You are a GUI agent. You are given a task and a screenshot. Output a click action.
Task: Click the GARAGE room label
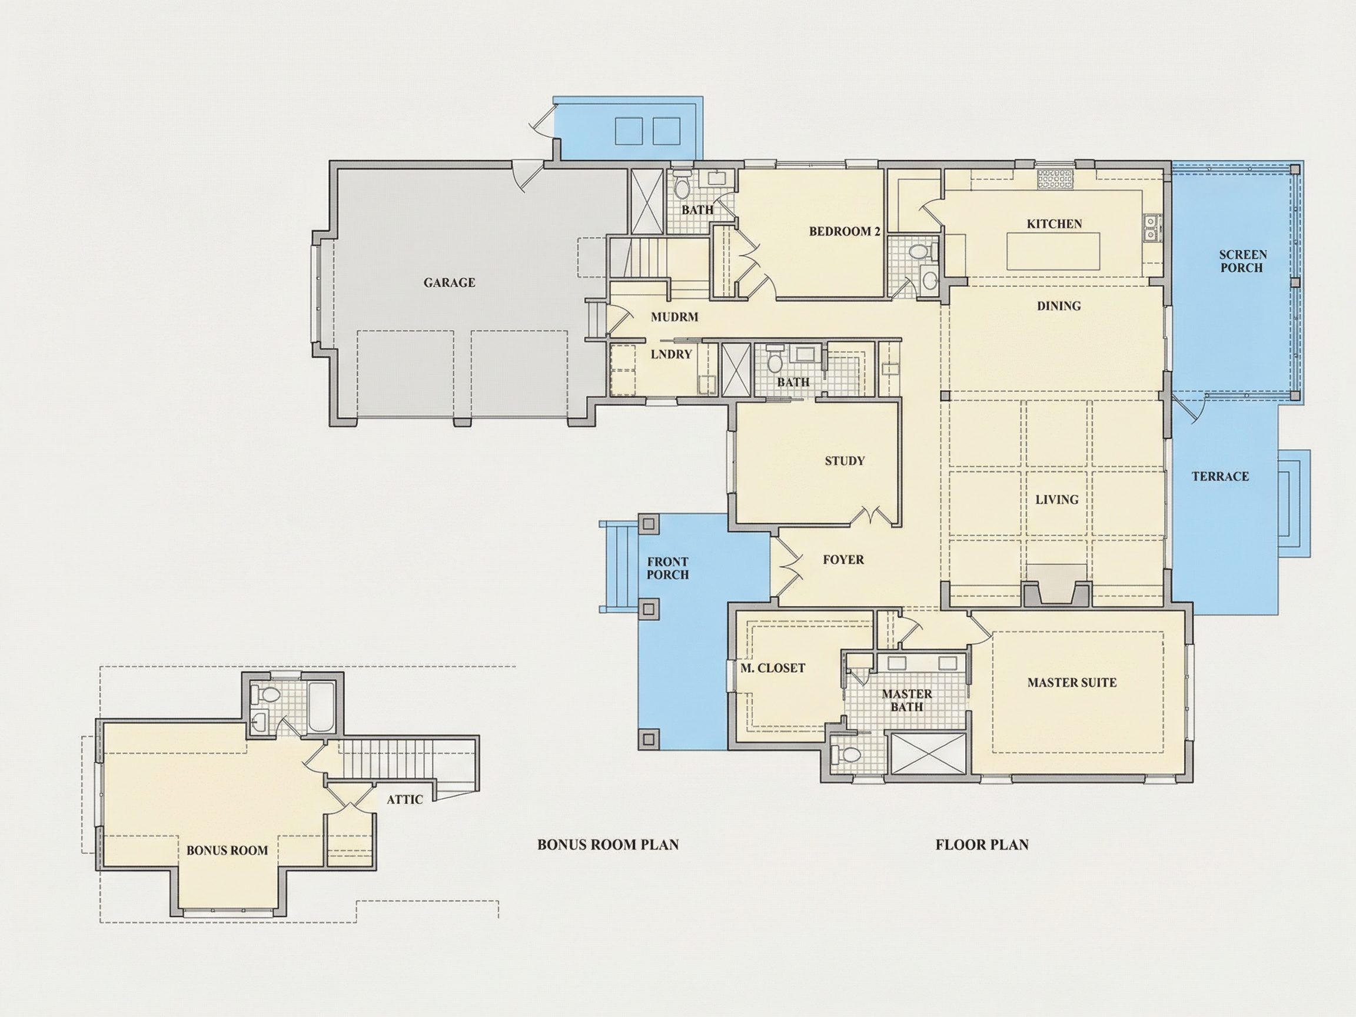(x=449, y=282)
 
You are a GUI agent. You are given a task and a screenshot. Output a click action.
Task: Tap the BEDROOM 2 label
(x=844, y=231)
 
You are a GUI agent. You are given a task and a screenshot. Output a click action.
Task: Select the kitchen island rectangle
(x=1053, y=251)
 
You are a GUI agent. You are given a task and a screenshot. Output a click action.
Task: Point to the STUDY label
(x=844, y=461)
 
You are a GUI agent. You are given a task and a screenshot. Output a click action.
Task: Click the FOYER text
(x=843, y=560)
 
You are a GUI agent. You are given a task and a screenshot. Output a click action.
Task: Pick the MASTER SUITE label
(x=1072, y=682)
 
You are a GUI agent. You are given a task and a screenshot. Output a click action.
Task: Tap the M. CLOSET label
(x=772, y=668)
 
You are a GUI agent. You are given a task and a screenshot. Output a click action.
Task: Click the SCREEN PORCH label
(x=1242, y=261)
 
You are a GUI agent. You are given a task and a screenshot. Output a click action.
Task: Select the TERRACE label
(x=1220, y=476)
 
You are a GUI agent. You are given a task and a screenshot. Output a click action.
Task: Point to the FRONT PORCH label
(x=667, y=569)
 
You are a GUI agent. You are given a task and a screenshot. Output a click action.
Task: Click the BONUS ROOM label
(x=227, y=850)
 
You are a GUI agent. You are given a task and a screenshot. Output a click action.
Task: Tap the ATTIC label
(x=404, y=799)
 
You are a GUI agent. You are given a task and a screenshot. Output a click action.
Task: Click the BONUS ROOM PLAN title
(x=608, y=845)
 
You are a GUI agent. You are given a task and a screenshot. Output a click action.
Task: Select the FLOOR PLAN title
(x=982, y=845)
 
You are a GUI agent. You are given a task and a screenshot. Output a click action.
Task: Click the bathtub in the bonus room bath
(x=321, y=707)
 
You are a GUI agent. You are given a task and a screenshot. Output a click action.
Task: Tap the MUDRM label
(x=674, y=317)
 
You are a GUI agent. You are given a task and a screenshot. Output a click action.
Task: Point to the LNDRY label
(x=671, y=354)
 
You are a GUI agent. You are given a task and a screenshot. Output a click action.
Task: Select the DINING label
(x=1059, y=306)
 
